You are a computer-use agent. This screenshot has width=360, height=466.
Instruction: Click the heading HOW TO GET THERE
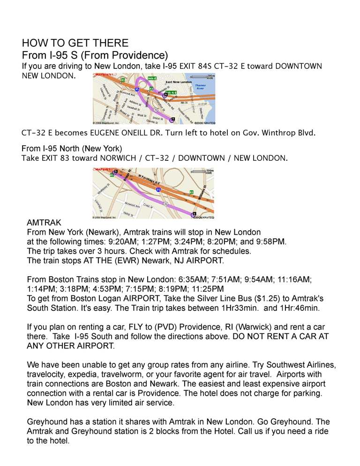(x=75, y=43)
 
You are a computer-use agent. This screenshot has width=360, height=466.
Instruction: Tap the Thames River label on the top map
(x=200, y=87)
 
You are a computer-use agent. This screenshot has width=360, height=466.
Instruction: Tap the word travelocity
(x=46, y=374)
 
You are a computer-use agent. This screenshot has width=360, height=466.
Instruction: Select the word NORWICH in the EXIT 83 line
(x=117, y=158)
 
